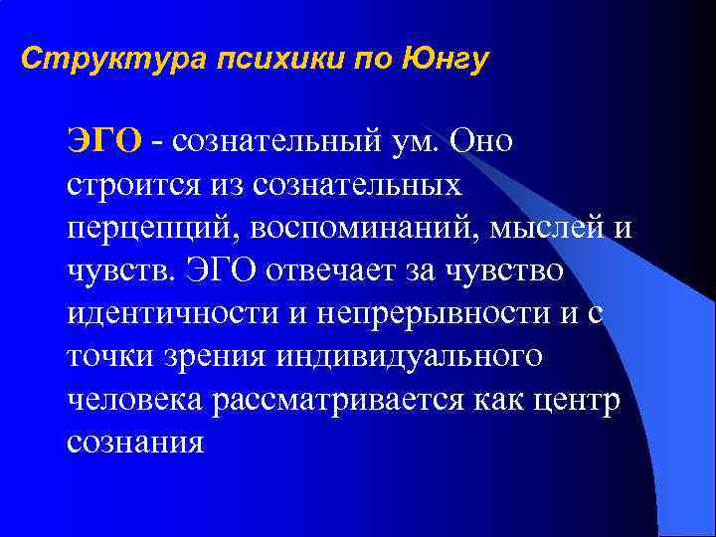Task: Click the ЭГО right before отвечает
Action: pos(236,270)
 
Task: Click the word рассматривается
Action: pos(329,399)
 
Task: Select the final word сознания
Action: pos(135,442)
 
